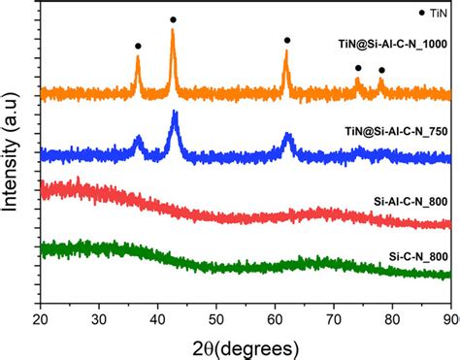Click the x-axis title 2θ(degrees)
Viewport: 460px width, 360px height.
pyautogui.click(x=245, y=345)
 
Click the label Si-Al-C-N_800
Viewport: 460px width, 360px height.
pyautogui.click(x=411, y=200)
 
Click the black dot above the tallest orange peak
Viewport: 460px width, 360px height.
pyautogui.click(x=173, y=19)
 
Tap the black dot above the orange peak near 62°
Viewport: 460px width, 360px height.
pyautogui.click(x=286, y=40)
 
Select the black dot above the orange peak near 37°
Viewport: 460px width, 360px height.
pyautogui.click(x=138, y=46)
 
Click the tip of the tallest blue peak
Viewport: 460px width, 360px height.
pyautogui.click(x=175, y=113)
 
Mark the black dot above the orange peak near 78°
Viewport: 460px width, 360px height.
pyautogui.click(x=381, y=70)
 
